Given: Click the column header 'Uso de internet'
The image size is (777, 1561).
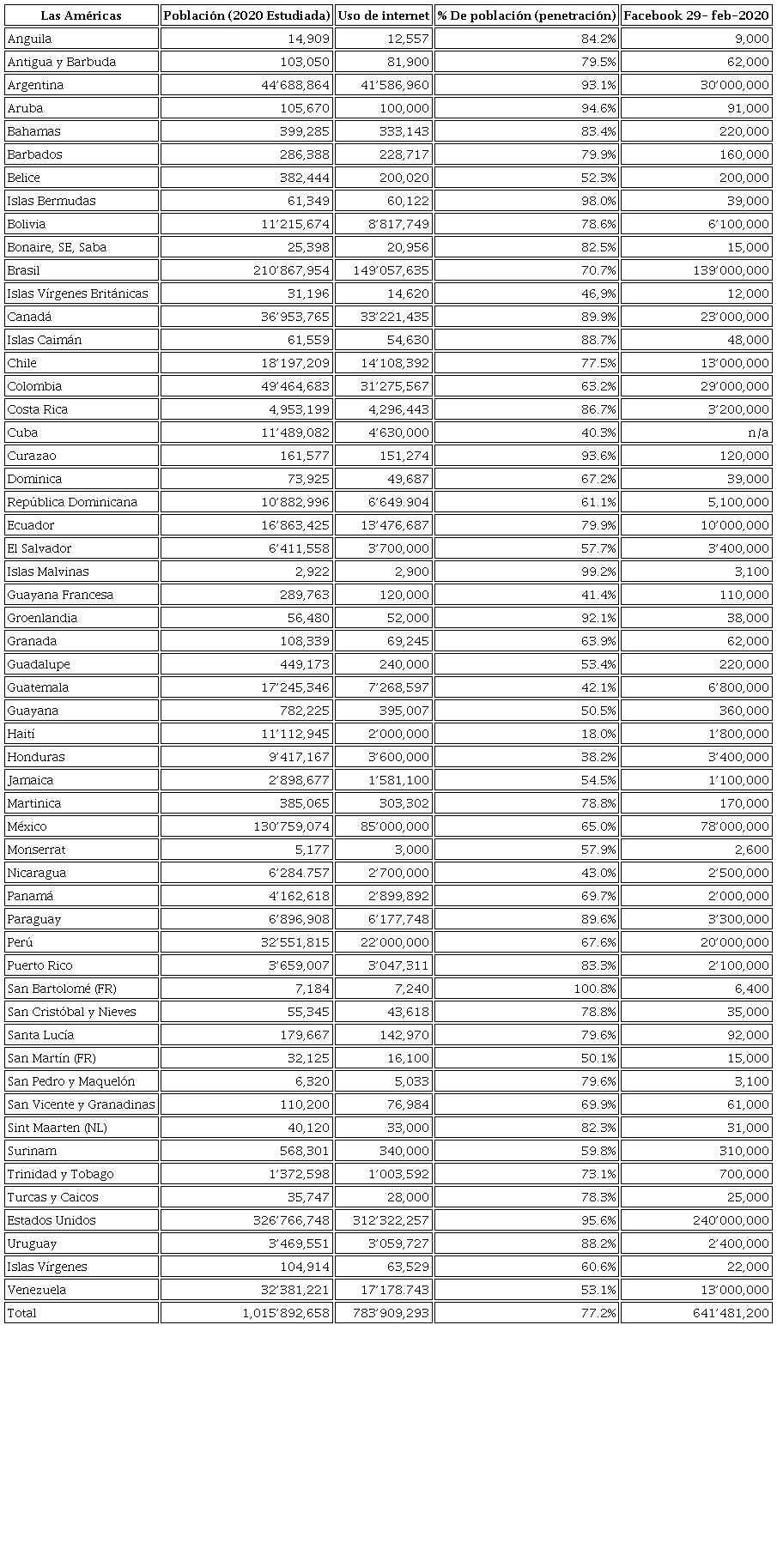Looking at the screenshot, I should [383, 15].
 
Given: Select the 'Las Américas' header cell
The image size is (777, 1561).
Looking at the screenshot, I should [82, 15].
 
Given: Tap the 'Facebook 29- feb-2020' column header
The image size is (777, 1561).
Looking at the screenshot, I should [696, 15].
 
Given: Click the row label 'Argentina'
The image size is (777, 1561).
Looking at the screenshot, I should [35, 85].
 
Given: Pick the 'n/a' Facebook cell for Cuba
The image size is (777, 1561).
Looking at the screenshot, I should [756, 433].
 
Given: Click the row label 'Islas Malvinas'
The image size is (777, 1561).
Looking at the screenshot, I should [48, 572].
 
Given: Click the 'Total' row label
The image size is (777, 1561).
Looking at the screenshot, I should [22, 1313].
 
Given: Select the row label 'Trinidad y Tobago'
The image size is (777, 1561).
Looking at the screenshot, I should [60, 1174].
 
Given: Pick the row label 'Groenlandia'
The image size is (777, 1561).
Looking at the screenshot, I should [42, 618].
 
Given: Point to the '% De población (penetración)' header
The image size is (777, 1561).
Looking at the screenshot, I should [526, 15].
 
